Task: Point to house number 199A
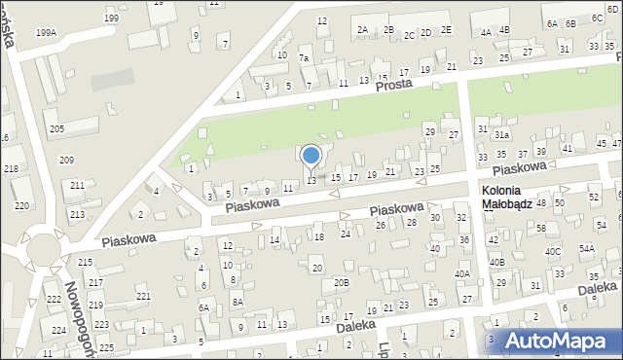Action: click(46, 32)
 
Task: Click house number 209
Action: click(66, 161)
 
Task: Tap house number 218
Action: click(11, 169)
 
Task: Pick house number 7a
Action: click(304, 58)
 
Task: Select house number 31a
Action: click(501, 134)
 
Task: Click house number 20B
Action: click(341, 283)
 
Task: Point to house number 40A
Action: click(462, 274)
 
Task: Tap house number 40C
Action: click(553, 252)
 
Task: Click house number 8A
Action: click(237, 302)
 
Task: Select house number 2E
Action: click(446, 30)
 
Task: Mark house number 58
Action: click(540, 228)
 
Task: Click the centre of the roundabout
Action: click(41, 251)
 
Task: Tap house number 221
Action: click(143, 296)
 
